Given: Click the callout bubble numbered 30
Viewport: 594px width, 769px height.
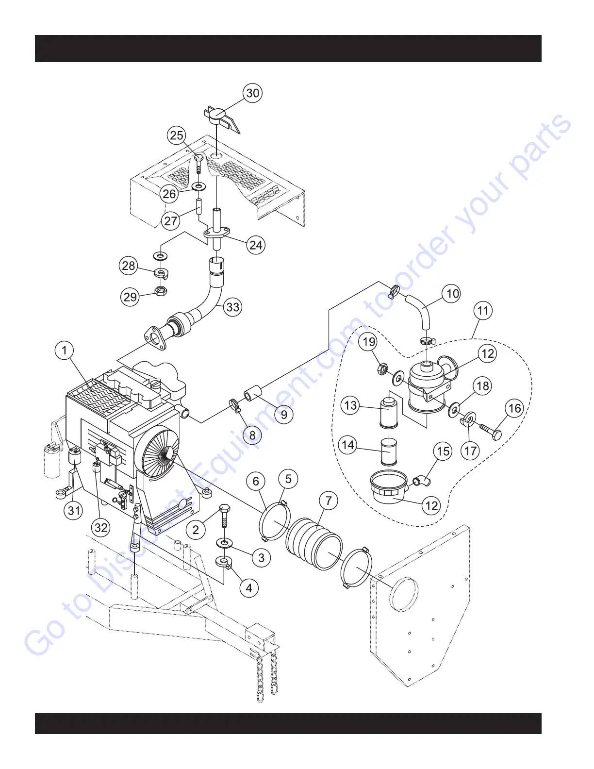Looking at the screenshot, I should coord(253,93).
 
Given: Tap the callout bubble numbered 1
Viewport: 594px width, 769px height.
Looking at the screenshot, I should coord(65,350).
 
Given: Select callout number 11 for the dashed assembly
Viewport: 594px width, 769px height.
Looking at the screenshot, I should coord(482,310).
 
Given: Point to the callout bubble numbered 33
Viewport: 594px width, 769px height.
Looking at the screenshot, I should coord(233,307).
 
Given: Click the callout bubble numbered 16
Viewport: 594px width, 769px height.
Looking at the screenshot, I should coord(515,408).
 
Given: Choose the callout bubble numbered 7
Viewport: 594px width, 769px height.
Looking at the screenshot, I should coord(329,501).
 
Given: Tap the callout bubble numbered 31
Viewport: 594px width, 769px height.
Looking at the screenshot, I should coord(74,510).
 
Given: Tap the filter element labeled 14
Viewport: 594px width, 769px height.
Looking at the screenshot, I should coord(388,451).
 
